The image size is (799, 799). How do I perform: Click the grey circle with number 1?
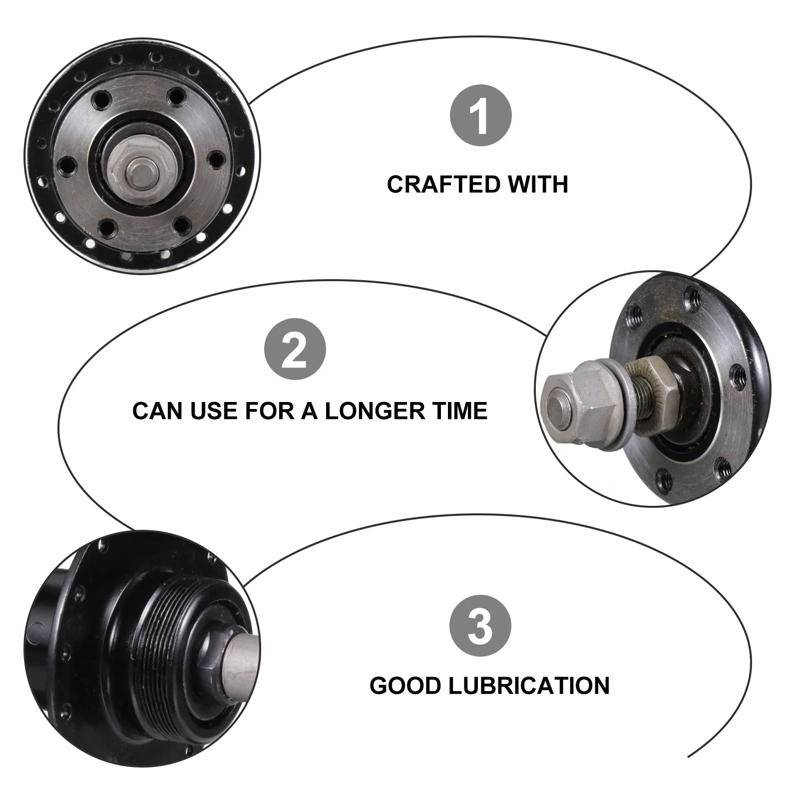pyautogui.click(x=481, y=116)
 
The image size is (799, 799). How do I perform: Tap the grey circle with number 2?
pyautogui.click(x=295, y=349)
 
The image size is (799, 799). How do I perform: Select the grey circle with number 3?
pyautogui.click(x=480, y=625)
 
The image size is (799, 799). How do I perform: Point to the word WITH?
pyautogui.click(x=538, y=185)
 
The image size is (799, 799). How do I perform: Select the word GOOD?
pyautogui.click(x=405, y=686)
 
